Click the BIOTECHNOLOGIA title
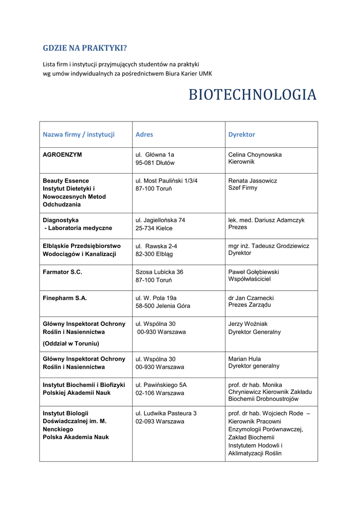tap(252, 95)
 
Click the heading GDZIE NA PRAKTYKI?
tap(85, 48)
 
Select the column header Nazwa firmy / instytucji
tap(78, 134)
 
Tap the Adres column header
tap(144, 134)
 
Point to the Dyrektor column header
tap(242, 134)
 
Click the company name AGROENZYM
tap(63, 155)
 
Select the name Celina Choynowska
tap(255, 155)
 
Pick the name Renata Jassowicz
tap(253, 181)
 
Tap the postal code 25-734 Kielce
tap(154, 228)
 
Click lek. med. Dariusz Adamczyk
tap(266, 220)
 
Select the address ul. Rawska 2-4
tap(156, 246)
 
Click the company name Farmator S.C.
tap(63, 272)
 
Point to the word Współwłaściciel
tap(249, 279)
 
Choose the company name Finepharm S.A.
tap(65, 298)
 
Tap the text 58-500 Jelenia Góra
tap(163, 306)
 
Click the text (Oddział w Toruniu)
tap(71, 343)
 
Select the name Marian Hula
tap(244, 359)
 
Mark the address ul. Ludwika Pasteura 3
tap(166, 413)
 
